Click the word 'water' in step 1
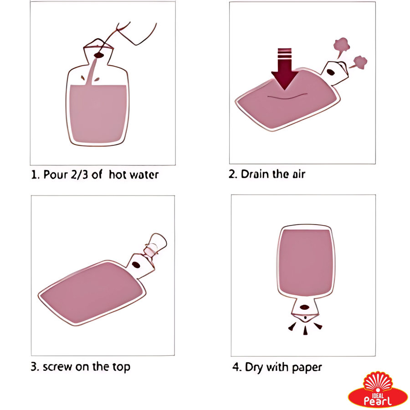145,174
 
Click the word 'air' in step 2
299,174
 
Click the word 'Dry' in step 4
254,368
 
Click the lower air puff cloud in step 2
359,63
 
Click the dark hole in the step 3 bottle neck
136,265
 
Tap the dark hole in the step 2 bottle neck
331,72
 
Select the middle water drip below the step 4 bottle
305,330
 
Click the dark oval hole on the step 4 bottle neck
304,307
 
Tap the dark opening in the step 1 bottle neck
98,55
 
